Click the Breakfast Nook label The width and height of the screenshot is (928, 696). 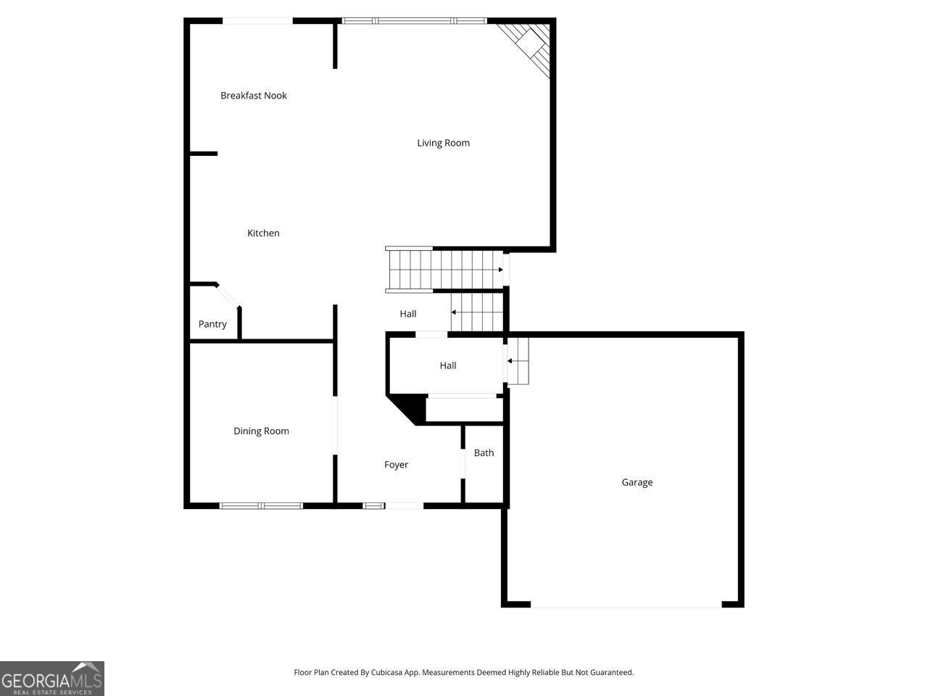point(254,96)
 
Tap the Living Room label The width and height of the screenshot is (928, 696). point(443,143)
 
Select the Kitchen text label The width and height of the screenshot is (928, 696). point(263,233)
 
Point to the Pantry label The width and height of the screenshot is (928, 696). point(212,324)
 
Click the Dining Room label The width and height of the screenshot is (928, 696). point(261,431)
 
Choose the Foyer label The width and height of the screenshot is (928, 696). point(396,465)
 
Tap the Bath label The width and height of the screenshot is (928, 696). point(484,452)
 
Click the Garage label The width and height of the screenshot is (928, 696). point(637,482)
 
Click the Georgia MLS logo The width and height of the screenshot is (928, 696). point(52,679)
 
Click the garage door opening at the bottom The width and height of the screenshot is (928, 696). point(626,605)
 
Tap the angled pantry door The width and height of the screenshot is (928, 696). point(228,297)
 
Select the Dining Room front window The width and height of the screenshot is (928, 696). point(261,505)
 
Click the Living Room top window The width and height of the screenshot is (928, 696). point(414,21)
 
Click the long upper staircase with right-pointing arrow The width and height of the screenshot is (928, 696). point(444,270)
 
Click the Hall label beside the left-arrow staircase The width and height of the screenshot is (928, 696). point(407,314)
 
